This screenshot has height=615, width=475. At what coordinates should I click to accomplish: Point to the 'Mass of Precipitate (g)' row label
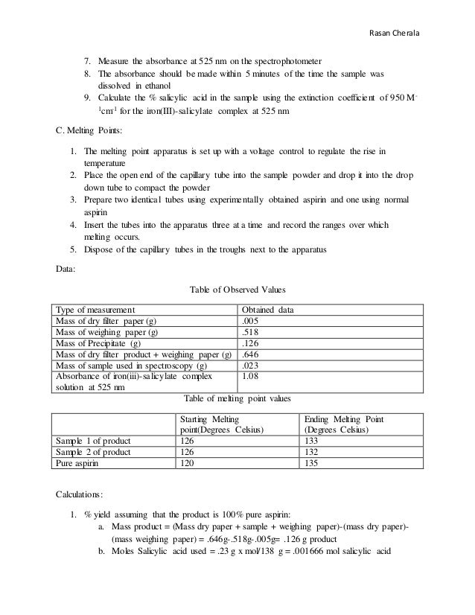[x=98, y=344]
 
